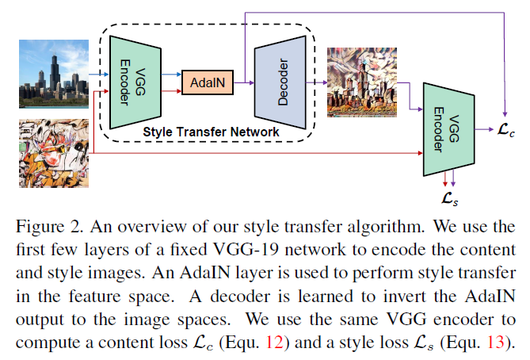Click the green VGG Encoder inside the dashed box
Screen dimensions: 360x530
tap(131, 79)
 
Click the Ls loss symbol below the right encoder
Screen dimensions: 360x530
tap(448, 195)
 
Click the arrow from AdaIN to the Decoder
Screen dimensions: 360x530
tap(245, 82)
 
